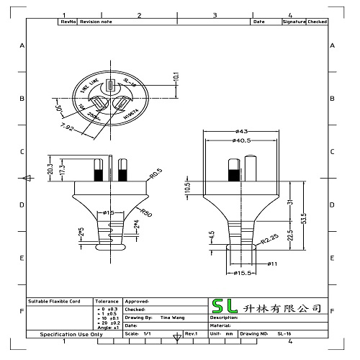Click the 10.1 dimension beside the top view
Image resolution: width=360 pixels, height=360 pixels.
tap(176, 77)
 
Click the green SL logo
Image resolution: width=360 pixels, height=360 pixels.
tap(224, 307)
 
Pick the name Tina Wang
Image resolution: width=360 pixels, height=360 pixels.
tap(171, 317)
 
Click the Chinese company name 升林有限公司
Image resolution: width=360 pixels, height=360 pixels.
tap(281, 307)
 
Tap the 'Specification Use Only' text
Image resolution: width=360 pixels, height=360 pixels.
tap(71, 335)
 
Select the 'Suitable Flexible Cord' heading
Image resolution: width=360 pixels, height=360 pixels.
tap(55, 302)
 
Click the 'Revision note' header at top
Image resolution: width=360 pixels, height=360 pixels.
tap(95, 22)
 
